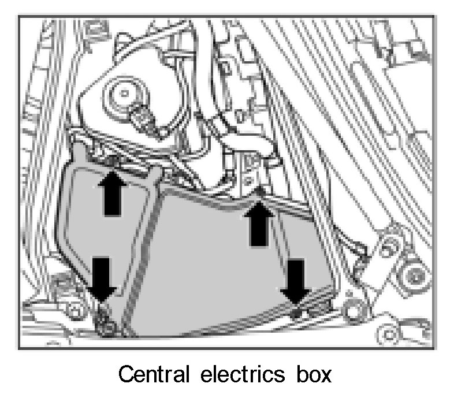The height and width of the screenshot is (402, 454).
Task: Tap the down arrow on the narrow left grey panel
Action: click(101, 277)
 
